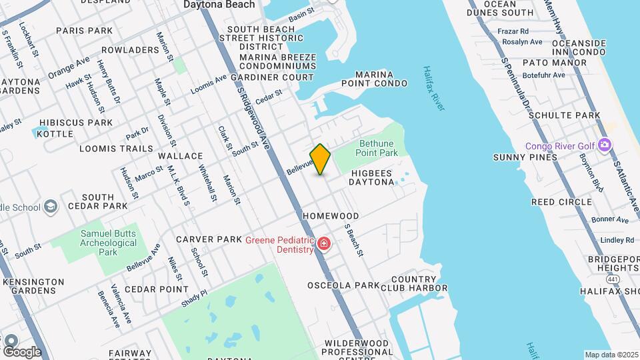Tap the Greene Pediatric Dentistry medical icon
[324, 244]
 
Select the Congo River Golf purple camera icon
[605, 145]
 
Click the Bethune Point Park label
[377, 148]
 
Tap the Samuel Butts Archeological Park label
[109, 243]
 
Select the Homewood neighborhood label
[331, 216]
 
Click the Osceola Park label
[343, 285]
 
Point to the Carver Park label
[209, 239]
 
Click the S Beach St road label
[353, 240]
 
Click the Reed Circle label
[561, 201]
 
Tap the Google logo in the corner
[22, 351]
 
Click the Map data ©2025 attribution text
[611, 355]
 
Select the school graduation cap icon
[51, 207]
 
